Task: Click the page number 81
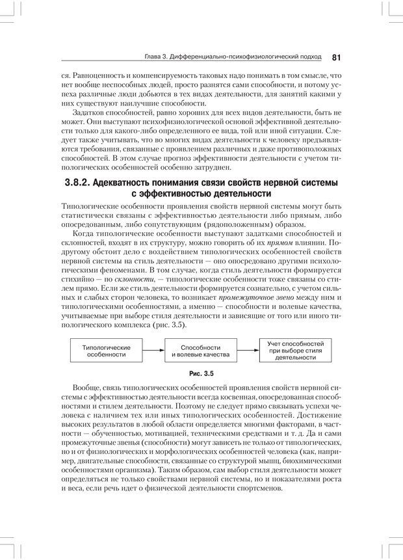(x=336, y=57)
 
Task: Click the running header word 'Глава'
(x=153, y=57)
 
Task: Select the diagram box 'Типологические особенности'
(x=107, y=352)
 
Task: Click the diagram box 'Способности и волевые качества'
(x=200, y=352)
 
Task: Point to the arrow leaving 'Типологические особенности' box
(x=152, y=352)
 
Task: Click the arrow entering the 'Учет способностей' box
(x=247, y=352)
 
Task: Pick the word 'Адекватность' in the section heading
(x=132, y=183)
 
